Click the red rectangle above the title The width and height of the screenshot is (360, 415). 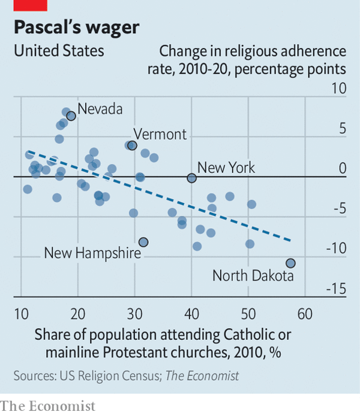tap(30, 5)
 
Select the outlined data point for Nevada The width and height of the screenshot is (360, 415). tap(71, 116)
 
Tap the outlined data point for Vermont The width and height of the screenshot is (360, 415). tap(133, 145)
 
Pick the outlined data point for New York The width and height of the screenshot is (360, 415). tap(191, 178)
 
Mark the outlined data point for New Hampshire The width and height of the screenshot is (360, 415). tap(143, 242)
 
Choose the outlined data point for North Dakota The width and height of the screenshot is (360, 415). tap(290, 263)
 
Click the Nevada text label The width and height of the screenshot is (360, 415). tap(100, 109)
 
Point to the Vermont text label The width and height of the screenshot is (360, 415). tap(160, 134)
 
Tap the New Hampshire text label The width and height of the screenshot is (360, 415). tap(92, 253)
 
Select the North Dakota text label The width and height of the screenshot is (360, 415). tap(253, 276)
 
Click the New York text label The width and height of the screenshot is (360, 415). tap(226, 168)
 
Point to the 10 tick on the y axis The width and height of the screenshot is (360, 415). tap(339, 89)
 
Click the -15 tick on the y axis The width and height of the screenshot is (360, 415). tap(336, 289)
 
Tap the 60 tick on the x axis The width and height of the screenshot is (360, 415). tap(305, 315)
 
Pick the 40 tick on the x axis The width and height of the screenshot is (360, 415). tap(191, 315)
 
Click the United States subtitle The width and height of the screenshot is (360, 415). tap(59, 51)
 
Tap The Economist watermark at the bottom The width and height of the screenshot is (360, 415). tap(48, 407)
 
